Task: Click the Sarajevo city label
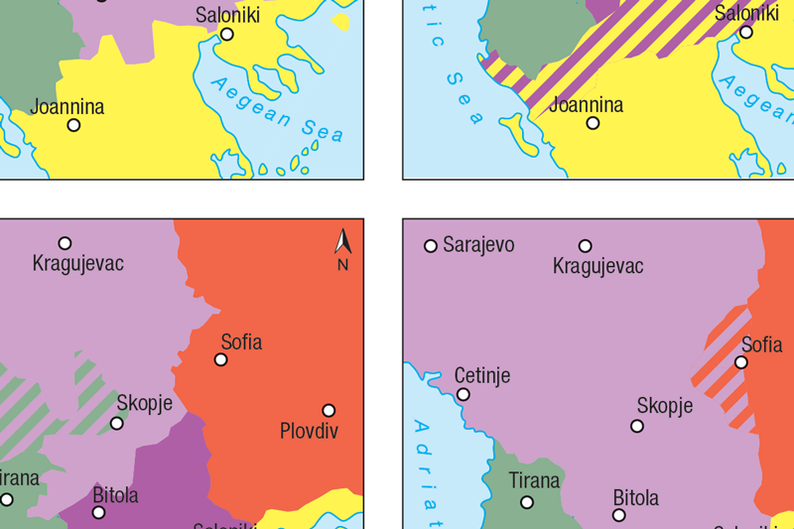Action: pos(478,245)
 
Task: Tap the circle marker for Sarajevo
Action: pos(431,246)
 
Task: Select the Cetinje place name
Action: pos(482,375)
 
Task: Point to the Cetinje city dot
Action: pos(463,394)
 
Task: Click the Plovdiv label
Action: pos(309,431)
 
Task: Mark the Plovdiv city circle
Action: pos(329,410)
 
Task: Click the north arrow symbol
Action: pos(342,241)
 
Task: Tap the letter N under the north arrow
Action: pos(342,265)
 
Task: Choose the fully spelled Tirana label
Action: pos(534,480)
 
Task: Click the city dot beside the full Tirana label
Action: pos(527,502)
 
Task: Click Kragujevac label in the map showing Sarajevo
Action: pos(597,266)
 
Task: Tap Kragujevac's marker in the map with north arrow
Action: pos(65,243)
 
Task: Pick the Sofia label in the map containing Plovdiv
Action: pos(241,342)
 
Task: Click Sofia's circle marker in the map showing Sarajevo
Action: pos(740,362)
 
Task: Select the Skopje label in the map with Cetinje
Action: pos(665,405)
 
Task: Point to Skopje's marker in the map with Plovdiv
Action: pos(117,423)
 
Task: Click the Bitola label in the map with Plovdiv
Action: pos(115,494)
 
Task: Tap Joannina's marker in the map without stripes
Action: pos(73,125)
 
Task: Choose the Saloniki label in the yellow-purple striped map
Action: pos(746,13)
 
